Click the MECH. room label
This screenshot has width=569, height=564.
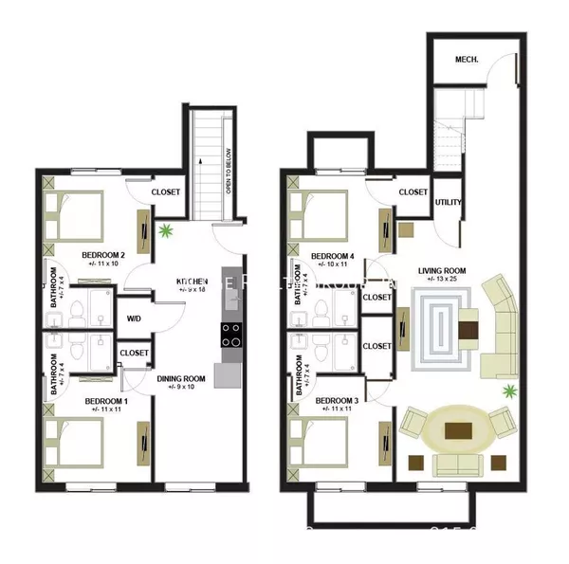[x=466, y=59]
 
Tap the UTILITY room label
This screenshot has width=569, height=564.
[x=448, y=202]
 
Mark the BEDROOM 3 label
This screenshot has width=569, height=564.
[x=337, y=401]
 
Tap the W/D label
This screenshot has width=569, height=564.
[x=134, y=318]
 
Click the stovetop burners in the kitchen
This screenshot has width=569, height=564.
[x=230, y=335]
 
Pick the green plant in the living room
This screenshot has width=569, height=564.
[x=509, y=390]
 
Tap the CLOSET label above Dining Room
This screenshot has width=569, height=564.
[x=134, y=353]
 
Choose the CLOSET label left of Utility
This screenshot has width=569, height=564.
[x=413, y=191]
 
